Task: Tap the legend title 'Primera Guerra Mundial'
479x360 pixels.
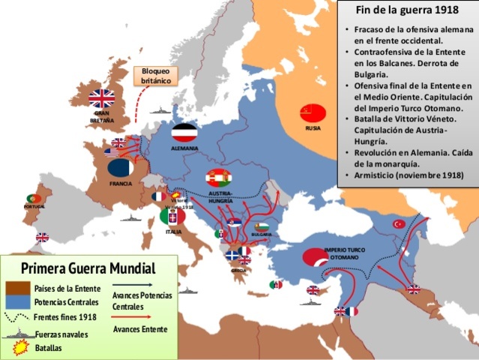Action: pos(88,268)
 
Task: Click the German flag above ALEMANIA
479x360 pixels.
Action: pos(184,133)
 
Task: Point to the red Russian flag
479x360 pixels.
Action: pos(313,113)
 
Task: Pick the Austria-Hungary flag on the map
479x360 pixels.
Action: pos(220,178)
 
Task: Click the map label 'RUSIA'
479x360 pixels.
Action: pos(313,128)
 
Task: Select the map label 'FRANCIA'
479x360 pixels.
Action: pos(121,183)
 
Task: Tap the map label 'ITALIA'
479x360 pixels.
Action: pos(173,232)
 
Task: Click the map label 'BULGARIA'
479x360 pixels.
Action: pos(262,234)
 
